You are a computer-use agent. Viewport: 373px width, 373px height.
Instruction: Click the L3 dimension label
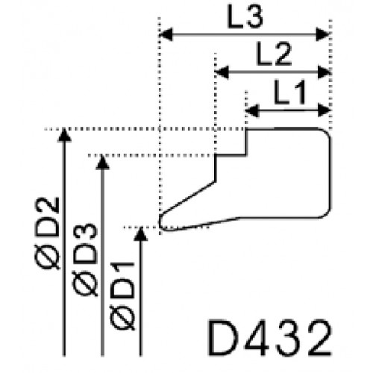245,17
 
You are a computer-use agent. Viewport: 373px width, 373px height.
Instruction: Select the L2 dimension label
274,54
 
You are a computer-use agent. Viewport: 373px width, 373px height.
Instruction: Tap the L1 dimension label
290,93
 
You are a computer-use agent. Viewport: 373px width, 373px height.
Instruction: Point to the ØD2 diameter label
48,233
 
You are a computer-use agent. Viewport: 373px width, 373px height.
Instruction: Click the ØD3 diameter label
85,260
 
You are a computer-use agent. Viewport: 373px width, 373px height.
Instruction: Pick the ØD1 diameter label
122,296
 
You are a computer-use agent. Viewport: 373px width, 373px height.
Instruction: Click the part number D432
269,339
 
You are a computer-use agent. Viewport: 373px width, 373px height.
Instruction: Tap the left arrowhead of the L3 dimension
166,34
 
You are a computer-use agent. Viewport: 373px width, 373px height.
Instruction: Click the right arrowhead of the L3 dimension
322,34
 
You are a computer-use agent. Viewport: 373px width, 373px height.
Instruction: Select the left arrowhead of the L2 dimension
222,72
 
